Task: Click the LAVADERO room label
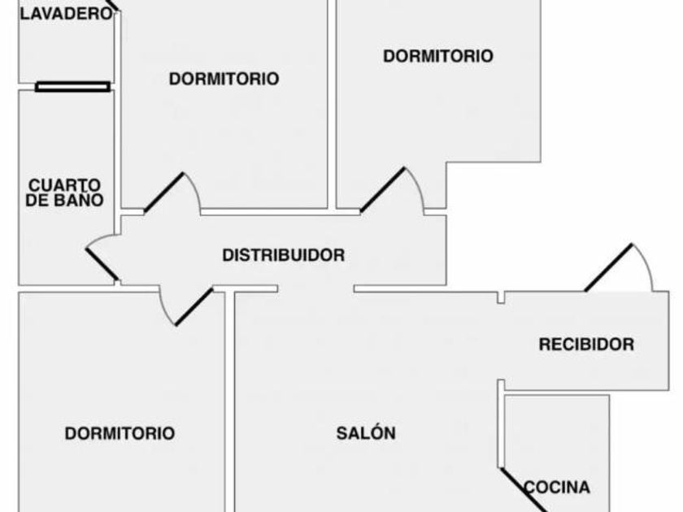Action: (66, 14)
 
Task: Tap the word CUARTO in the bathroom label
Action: (64, 185)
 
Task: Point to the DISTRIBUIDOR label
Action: (284, 255)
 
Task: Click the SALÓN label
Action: (366, 433)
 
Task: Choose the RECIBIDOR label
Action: (586, 345)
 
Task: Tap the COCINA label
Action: (557, 487)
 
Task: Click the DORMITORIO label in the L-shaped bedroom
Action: (438, 56)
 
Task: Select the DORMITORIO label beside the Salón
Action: (120, 433)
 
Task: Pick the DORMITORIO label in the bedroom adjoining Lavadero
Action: (224, 79)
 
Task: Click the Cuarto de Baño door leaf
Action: (102, 264)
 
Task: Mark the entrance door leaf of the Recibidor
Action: (608, 267)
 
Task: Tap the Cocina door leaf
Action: (523, 490)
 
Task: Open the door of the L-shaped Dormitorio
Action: (383, 190)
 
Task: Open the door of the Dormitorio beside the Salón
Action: (194, 306)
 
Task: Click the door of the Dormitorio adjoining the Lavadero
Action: (163, 193)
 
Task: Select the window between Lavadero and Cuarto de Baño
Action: (72, 87)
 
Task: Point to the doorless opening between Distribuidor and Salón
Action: (315, 289)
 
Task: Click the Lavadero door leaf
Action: (113, 4)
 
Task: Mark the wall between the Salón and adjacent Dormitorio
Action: (230, 401)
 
